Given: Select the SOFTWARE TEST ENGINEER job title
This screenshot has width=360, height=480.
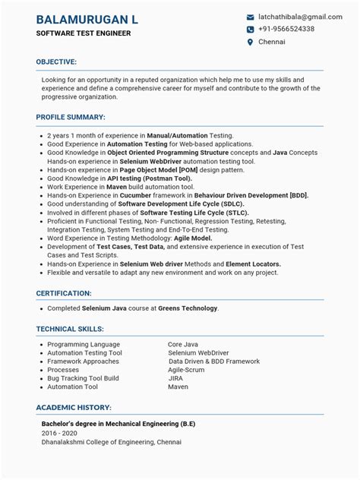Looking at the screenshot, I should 84,34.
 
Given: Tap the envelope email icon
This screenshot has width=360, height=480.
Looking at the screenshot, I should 250,17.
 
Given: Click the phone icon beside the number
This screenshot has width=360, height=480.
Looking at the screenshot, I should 250,30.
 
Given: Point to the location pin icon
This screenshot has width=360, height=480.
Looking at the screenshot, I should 250,43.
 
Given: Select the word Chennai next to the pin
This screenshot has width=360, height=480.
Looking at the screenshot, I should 272,43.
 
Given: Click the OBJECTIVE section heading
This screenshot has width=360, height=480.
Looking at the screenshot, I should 56,62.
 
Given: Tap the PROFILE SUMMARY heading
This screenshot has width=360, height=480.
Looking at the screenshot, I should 71,118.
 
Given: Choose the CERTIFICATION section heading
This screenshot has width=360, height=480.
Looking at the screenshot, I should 64,292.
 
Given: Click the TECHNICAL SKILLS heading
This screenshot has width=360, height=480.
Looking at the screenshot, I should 70,329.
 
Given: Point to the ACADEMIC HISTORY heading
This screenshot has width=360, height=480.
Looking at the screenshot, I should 74,407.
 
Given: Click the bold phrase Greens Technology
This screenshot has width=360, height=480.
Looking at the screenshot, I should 188,308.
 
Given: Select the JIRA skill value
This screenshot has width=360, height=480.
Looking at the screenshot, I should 175,377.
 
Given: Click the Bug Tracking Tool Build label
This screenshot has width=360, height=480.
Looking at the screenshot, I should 84,377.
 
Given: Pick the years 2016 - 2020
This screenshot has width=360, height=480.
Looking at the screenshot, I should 58,433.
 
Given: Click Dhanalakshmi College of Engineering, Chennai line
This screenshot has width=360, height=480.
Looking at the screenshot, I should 112,442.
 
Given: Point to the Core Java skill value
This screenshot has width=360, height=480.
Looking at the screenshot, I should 184,344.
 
